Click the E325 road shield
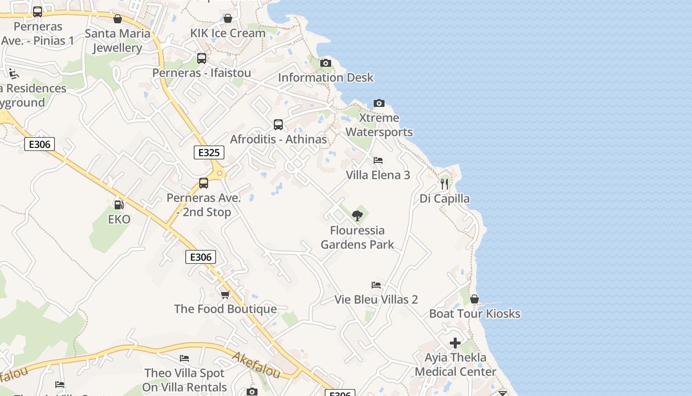[209, 152]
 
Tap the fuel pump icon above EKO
[119, 204]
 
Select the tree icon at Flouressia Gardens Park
[357, 216]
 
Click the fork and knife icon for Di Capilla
[444, 184]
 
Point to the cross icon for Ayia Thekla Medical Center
[455, 343]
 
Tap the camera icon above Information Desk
[326, 63]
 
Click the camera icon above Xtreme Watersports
[379, 103]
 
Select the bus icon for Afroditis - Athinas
[278, 125]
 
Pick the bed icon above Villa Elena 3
[378, 160]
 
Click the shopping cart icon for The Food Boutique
[225, 295]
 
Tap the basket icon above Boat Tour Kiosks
[475, 299]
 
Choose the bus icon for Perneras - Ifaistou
[202, 58]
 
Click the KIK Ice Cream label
[228, 33]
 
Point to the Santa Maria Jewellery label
[118, 41]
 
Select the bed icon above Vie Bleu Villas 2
[376, 285]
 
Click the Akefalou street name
[256, 365]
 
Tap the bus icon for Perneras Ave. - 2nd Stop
[204, 183]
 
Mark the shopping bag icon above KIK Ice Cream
[228, 18]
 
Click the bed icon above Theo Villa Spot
[184, 358]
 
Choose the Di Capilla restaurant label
[445, 198]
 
